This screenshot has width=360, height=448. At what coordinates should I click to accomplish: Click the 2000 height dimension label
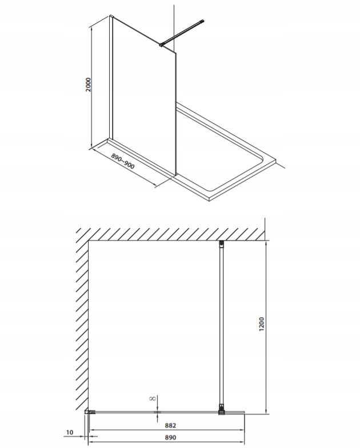coord(88,85)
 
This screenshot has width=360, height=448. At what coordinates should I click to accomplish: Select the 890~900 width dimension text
coord(122,161)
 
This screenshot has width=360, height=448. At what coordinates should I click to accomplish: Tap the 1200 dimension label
coord(262,324)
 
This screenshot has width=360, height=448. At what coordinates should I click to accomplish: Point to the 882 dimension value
coord(170,425)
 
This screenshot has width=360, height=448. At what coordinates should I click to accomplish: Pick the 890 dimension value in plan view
coord(170,438)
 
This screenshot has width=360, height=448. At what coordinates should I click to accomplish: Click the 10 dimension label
coord(70,432)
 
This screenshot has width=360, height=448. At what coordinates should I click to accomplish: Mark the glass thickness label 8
coord(153,398)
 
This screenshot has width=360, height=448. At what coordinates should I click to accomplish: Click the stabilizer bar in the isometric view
coord(182,33)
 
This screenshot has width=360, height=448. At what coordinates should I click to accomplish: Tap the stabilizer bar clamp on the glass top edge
coord(162,45)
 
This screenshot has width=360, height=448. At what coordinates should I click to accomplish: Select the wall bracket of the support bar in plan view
coord(221,243)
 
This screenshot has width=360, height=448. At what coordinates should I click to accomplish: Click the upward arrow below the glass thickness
coord(157,418)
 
